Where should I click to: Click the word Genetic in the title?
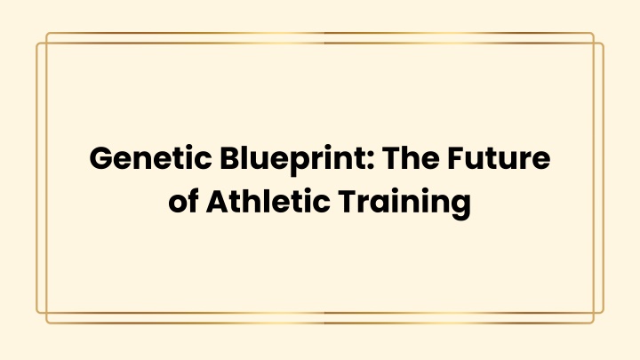click(150, 158)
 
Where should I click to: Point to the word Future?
click(499, 158)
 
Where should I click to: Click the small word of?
click(184, 201)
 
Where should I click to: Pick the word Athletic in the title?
click(268, 201)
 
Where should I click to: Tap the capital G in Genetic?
click(101, 158)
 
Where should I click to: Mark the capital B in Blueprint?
click(230, 158)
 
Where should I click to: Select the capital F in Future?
click(456, 158)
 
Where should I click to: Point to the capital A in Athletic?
click(219, 201)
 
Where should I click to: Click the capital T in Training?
click(348, 201)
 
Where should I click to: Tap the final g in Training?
click(460, 207)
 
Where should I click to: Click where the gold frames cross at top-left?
click(46, 43)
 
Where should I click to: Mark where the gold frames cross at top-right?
click(594, 43)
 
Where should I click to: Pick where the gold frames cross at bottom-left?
click(46, 313)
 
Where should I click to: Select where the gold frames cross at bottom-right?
click(594, 313)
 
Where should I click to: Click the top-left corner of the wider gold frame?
click(36, 43)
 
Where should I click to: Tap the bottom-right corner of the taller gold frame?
click(594, 323)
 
